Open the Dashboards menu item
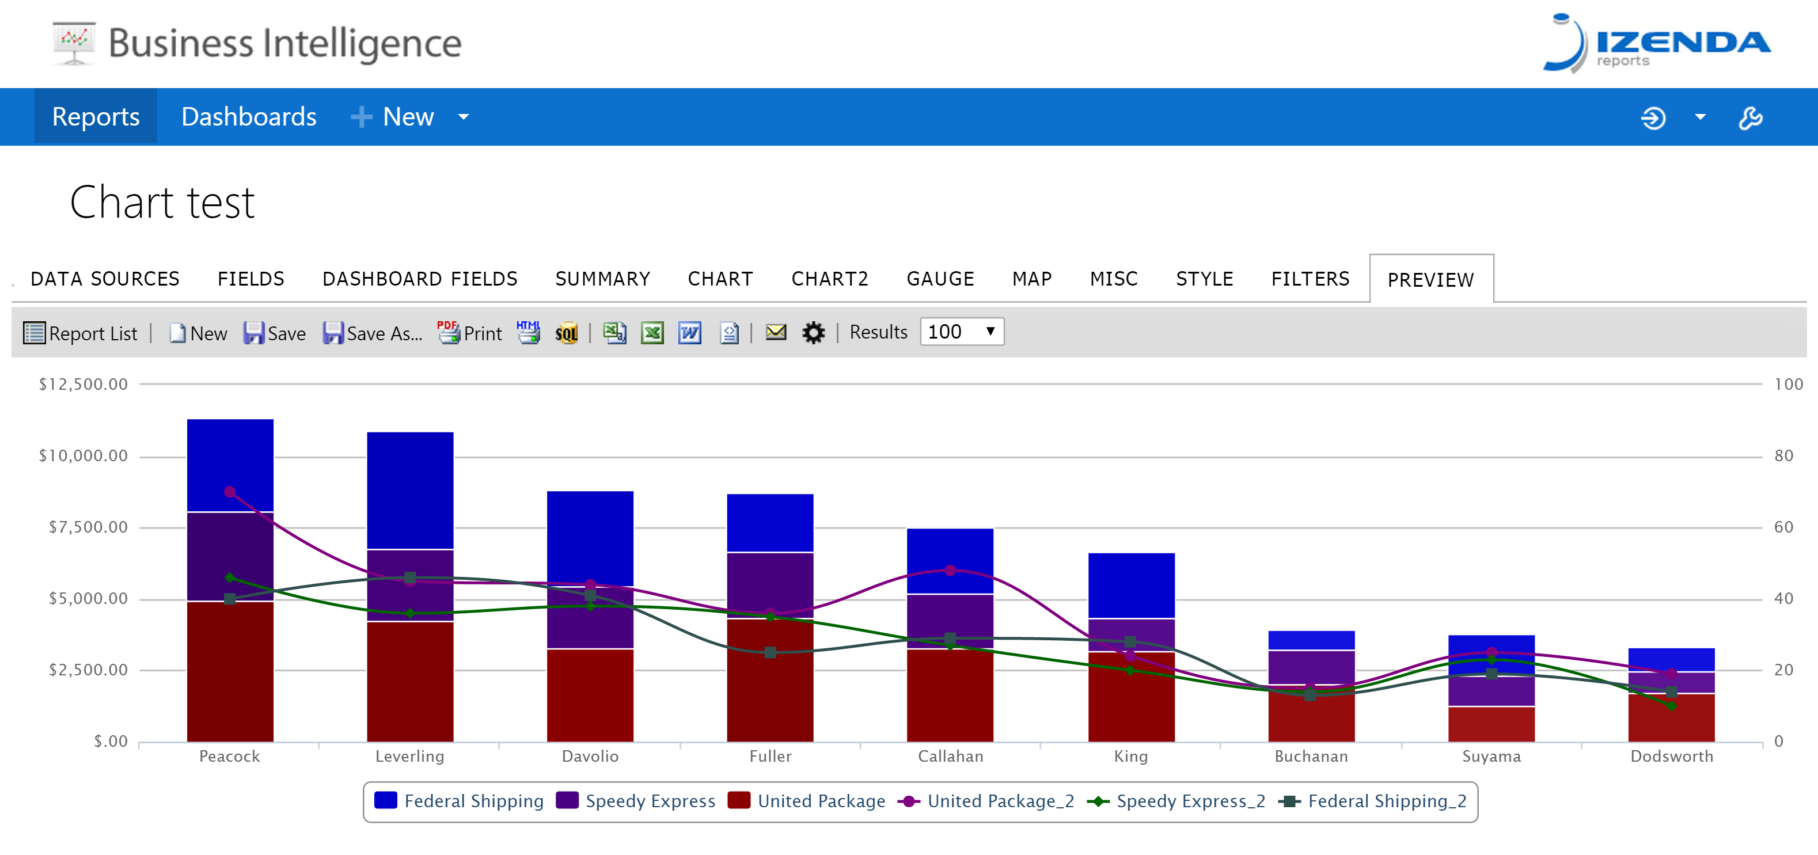[248, 116]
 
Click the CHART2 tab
[829, 279]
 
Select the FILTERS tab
[1310, 279]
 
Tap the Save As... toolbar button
[372, 333]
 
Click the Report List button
[81, 333]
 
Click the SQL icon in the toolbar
[566, 333]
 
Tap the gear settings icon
[813, 332]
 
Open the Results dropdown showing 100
[961, 332]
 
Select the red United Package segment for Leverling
[410, 682]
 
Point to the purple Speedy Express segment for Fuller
[770, 586]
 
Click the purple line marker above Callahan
[950, 570]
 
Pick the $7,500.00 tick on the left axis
[88, 527]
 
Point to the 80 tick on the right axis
[1783, 456]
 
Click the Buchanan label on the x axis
[1311, 756]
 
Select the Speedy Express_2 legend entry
[1176, 801]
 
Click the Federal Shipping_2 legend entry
[1373, 801]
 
